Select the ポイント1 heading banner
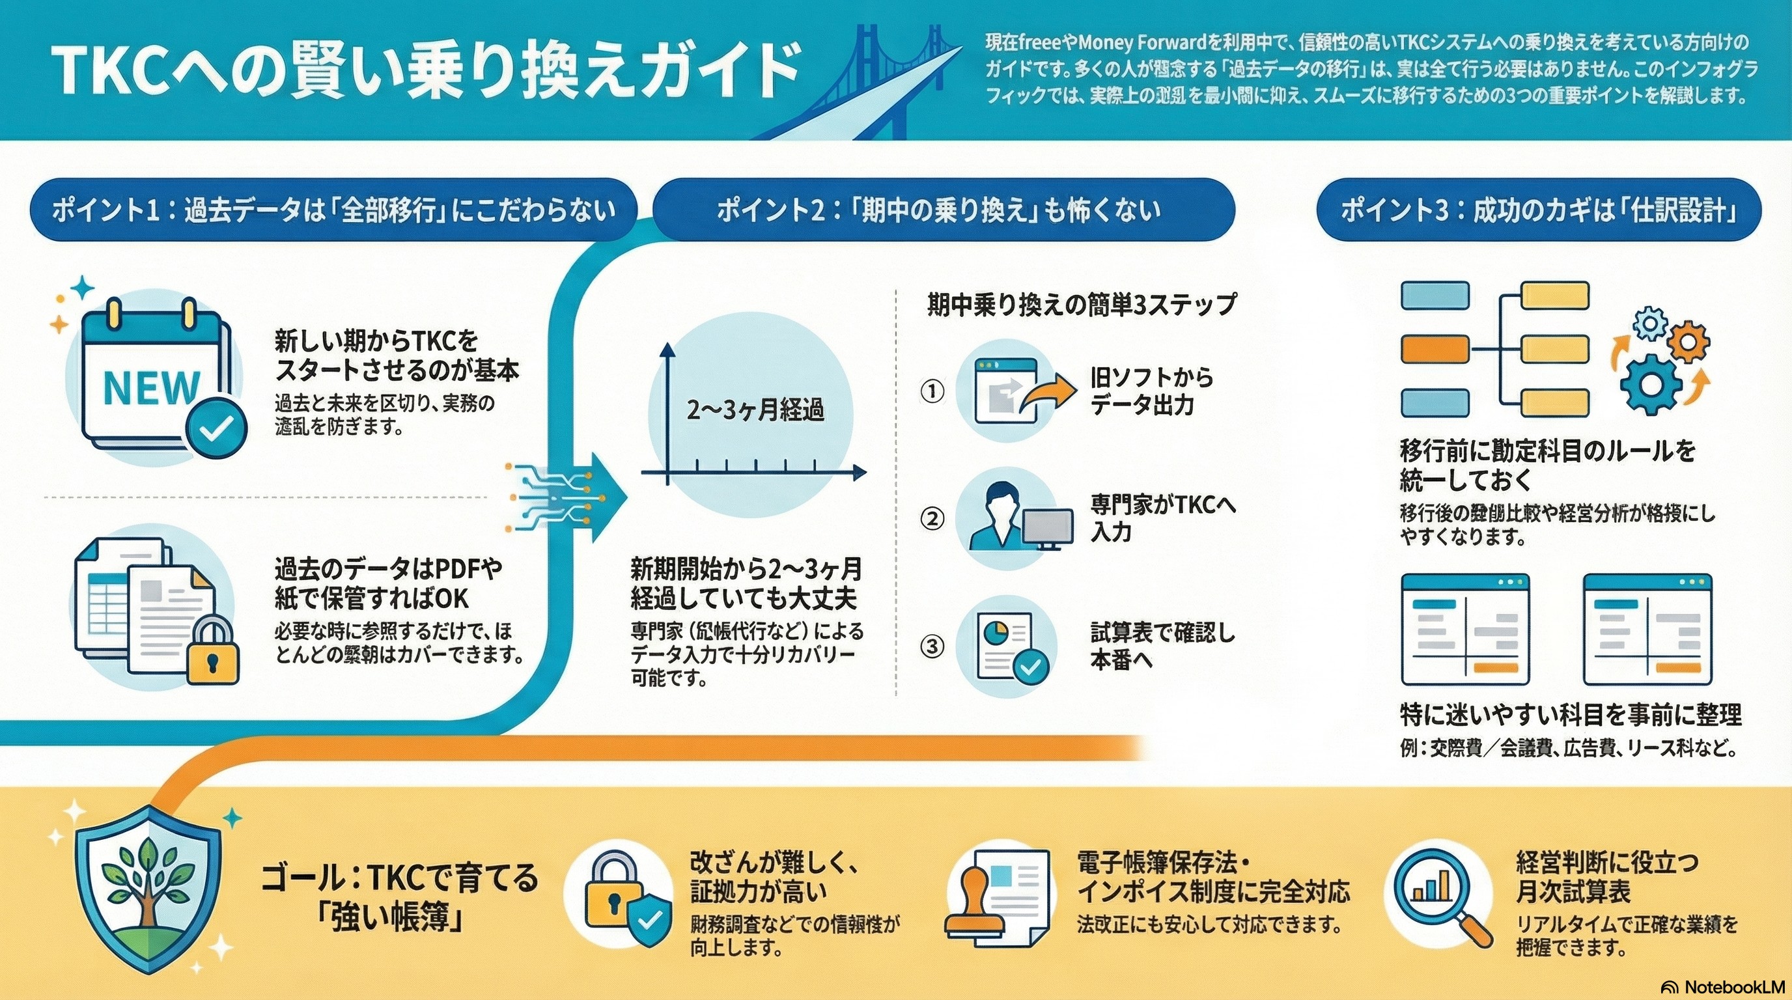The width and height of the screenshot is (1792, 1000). click(x=333, y=210)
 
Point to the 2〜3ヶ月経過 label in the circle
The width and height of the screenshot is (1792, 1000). click(x=755, y=410)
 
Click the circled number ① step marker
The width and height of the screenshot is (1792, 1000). click(x=932, y=391)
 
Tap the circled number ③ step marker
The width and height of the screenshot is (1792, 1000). click(x=932, y=646)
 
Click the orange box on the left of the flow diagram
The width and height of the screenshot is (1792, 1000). click(x=1435, y=350)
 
